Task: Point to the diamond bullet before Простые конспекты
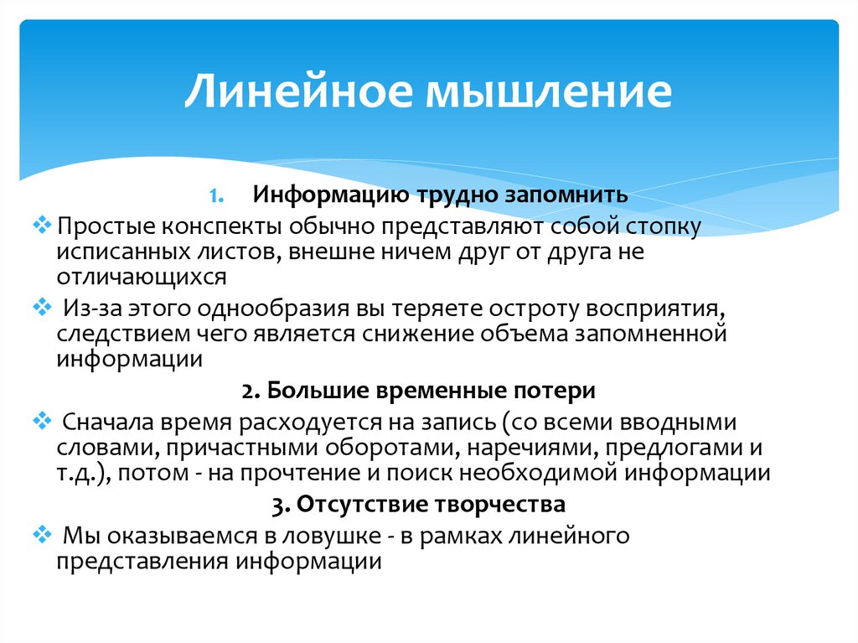coord(46,226)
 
